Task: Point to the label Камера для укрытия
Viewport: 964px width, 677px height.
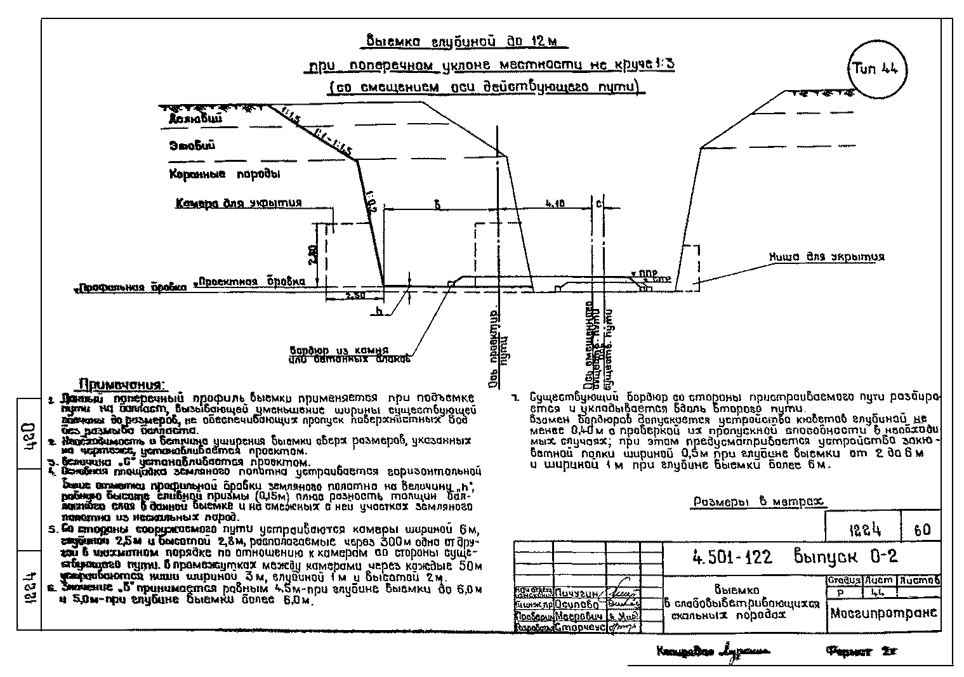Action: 238,203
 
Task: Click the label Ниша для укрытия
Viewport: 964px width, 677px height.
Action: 826,257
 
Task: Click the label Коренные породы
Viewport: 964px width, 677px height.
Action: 224,173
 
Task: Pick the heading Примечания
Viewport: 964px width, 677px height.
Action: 121,385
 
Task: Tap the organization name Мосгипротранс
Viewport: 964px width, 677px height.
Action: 883,613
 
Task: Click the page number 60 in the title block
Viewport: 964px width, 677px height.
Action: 922,529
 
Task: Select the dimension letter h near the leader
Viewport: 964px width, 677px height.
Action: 378,311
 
